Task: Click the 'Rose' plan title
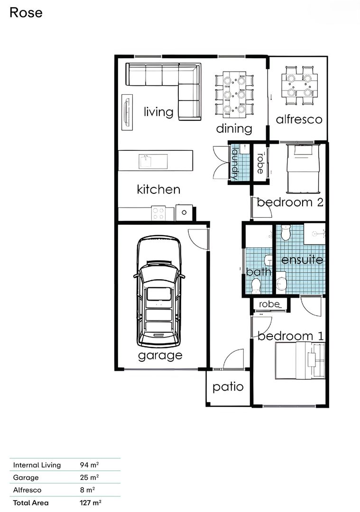(26, 13)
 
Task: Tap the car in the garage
(159, 292)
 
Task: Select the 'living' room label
(158, 112)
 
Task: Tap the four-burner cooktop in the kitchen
(158, 213)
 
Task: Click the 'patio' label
(228, 387)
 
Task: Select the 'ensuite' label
(302, 260)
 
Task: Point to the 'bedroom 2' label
(290, 202)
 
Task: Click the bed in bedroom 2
(303, 169)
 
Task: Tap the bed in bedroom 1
(300, 360)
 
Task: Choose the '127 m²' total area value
(91, 503)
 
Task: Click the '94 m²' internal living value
(89, 465)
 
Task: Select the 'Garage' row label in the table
(26, 477)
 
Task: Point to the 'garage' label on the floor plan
(160, 356)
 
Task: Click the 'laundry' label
(235, 164)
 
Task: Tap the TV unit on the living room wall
(127, 112)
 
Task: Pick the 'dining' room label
(234, 128)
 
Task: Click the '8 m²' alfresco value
(87, 490)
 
